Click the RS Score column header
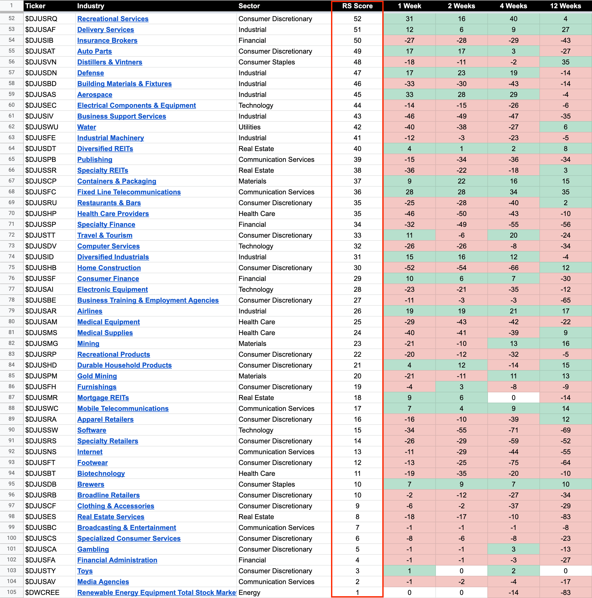(357, 6)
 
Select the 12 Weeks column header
(565, 6)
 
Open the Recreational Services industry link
(113, 19)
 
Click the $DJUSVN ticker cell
(41, 62)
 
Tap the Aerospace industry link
(95, 95)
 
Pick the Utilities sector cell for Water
(249, 127)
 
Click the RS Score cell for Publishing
(357, 160)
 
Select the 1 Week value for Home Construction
(409, 268)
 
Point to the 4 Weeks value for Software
(513, 430)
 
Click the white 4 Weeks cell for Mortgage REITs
(513, 398)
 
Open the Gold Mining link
(97, 376)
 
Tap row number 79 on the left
(11, 311)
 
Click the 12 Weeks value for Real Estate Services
(565, 517)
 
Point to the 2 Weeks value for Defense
(461, 73)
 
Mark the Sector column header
(249, 6)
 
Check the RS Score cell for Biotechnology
(357, 473)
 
